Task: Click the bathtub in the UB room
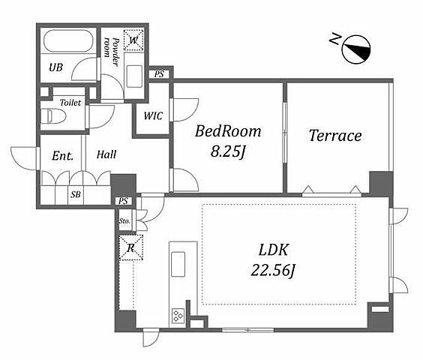click(68, 40)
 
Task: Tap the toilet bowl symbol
click(53, 116)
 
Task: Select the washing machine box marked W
click(133, 40)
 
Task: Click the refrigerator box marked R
click(131, 247)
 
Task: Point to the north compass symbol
click(356, 49)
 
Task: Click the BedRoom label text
click(228, 131)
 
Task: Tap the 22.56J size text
click(273, 270)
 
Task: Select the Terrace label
click(335, 136)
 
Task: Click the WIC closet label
click(153, 116)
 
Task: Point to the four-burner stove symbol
click(178, 316)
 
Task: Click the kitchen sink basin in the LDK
click(178, 264)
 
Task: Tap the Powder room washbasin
click(134, 76)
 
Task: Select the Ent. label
click(62, 156)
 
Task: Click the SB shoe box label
click(76, 194)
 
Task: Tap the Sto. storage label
click(124, 220)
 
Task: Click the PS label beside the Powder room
click(159, 74)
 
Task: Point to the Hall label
click(106, 154)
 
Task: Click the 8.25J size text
click(228, 151)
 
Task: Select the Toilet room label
click(70, 103)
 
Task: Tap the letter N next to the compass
click(335, 39)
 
